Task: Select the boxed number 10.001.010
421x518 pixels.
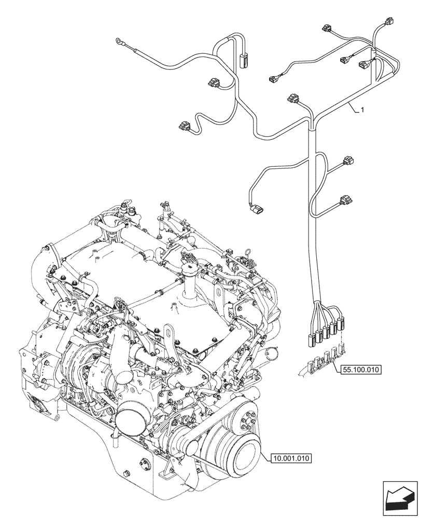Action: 291,457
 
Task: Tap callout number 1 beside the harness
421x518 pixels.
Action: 362,110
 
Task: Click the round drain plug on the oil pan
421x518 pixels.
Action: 127,474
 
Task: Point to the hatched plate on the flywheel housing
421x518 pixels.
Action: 40,404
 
